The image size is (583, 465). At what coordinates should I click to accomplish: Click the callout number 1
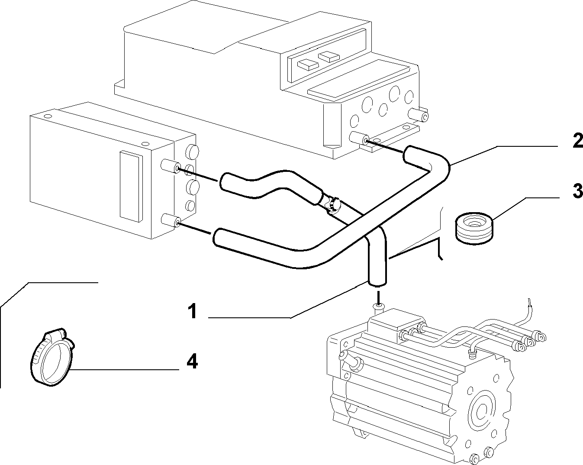(x=193, y=311)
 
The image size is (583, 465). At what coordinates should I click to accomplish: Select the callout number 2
(x=577, y=140)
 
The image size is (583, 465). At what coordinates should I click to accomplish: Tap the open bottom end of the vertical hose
(x=377, y=283)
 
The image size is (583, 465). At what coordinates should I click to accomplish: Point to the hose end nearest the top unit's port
(x=409, y=155)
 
